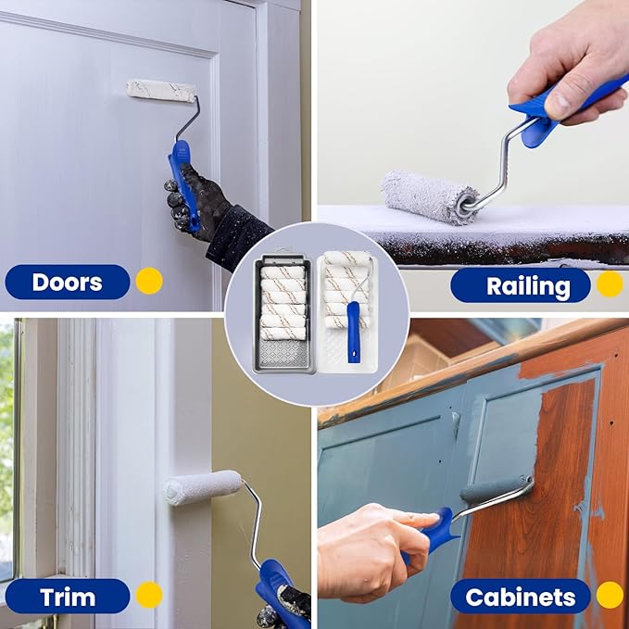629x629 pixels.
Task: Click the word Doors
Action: point(67,283)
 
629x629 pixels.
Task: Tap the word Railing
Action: point(528,286)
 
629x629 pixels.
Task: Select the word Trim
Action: point(68,597)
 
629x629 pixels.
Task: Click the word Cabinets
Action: point(521,598)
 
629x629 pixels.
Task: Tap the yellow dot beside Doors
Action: point(149,281)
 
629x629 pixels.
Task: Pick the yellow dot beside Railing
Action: point(610,283)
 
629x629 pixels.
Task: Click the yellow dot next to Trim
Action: point(149,595)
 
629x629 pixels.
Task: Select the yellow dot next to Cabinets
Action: point(610,595)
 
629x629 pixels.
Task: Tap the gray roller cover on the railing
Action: point(430,197)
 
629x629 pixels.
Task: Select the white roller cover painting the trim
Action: point(203,487)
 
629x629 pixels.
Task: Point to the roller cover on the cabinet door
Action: point(497,488)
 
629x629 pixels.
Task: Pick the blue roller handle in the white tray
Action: point(354,333)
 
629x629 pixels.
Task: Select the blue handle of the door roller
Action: point(182,184)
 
